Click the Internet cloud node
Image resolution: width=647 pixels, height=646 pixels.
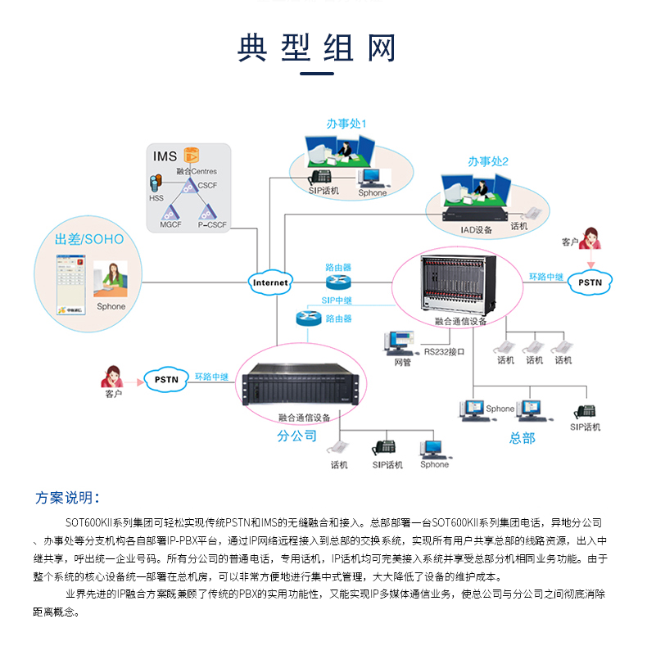pyautogui.click(x=270, y=282)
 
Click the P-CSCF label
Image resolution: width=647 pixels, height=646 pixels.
pyautogui.click(x=211, y=223)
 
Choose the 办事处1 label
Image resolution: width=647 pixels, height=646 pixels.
pyautogui.click(x=346, y=124)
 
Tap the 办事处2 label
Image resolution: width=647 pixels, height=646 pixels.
pyautogui.click(x=488, y=161)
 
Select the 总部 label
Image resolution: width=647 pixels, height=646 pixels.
pyautogui.click(x=522, y=438)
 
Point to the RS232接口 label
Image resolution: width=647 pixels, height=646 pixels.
pyautogui.click(x=444, y=352)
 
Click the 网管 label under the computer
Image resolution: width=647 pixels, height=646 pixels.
pyautogui.click(x=402, y=361)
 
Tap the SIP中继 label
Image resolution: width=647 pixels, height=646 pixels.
pyautogui.click(x=337, y=300)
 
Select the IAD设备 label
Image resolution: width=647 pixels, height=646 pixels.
pyautogui.click(x=476, y=230)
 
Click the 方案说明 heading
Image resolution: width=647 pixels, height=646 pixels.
pyautogui.click(x=68, y=498)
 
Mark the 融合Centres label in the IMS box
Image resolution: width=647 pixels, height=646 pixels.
pyautogui.click(x=197, y=171)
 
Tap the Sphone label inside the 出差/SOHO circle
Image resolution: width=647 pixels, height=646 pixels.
pyautogui.click(x=111, y=306)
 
